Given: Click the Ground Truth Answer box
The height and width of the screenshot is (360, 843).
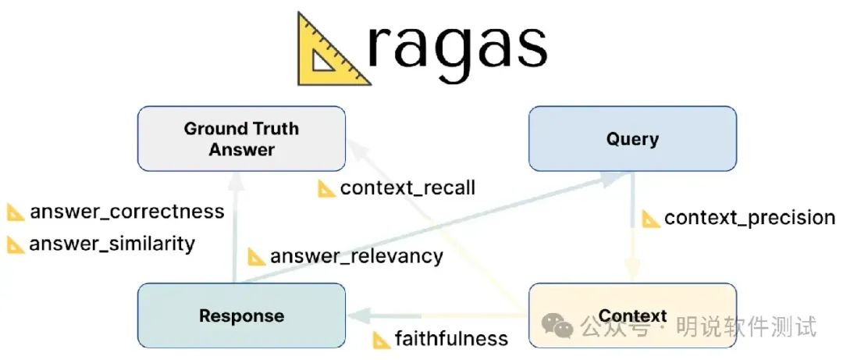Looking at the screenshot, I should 241,139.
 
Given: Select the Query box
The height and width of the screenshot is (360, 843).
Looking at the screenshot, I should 632,139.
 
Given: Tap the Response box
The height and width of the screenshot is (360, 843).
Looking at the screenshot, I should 241,315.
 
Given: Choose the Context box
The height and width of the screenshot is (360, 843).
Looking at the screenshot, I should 632,315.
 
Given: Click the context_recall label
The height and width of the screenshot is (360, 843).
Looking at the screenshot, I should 407,188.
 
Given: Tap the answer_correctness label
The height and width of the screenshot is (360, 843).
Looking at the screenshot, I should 126,212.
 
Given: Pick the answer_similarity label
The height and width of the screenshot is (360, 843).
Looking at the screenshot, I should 112,244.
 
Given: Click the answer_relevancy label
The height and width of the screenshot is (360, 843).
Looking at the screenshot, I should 356,255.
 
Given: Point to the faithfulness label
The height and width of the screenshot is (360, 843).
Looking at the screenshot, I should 451,339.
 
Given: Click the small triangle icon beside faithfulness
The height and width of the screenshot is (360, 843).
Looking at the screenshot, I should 382,340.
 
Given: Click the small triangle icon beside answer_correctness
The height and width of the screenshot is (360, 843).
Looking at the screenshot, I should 16,212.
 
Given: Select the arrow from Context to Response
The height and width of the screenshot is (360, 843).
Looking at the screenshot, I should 437,315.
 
